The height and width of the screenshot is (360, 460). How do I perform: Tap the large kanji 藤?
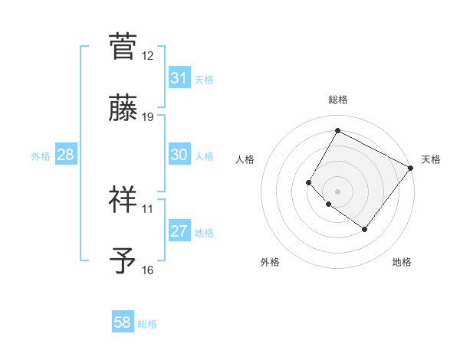[x=124, y=109]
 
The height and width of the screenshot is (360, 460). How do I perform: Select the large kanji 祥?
[x=124, y=200]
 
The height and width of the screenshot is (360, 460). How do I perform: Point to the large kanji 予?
[x=124, y=261]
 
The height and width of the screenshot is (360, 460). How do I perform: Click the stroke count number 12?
[x=148, y=56]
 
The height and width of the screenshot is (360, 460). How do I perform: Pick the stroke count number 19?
[x=148, y=117]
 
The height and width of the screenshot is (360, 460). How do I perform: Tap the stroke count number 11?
[x=148, y=208]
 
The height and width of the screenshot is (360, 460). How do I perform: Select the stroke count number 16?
[x=148, y=270]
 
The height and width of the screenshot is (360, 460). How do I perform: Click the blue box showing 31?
[x=179, y=78]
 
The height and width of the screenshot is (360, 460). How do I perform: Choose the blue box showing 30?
[x=179, y=155]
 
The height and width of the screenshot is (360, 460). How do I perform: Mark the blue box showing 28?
[x=66, y=155]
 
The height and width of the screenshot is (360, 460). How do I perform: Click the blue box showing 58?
[x=123, y=322]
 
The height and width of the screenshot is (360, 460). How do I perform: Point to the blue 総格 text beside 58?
[x=147, y=324]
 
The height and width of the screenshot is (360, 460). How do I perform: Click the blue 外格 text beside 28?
[x=41, y=156]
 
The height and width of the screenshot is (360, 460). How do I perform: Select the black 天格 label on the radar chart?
[x=431, y=159]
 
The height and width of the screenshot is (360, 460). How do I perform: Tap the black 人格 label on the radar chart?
[x=245, y=159]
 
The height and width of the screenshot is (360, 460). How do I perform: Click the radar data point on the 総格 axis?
[x=337, y=130]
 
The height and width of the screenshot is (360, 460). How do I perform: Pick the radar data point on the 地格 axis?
[x=364, y=229]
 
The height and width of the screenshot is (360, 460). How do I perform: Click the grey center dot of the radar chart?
[x=337, y=191]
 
